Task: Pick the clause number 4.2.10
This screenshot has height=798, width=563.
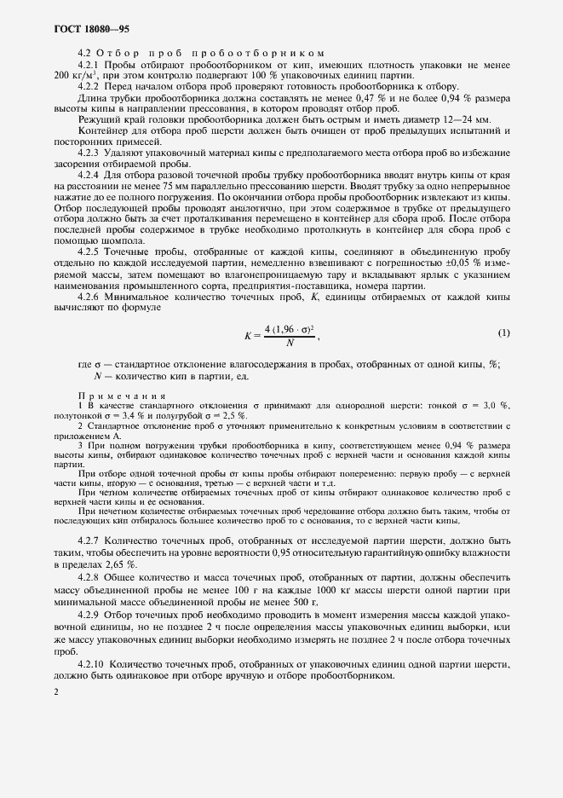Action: point(92,663)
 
